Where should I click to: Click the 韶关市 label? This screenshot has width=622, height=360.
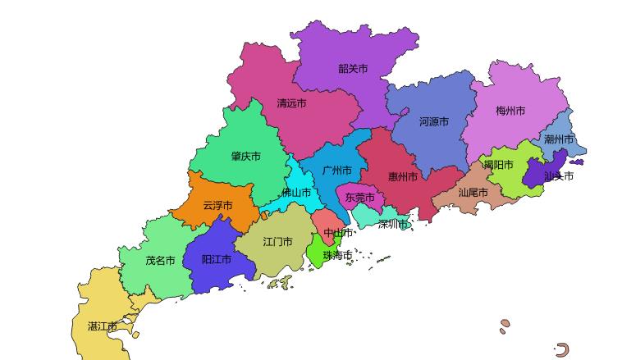click(x=353, y=69)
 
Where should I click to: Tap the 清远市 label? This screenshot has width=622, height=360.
click(x=291, y=103)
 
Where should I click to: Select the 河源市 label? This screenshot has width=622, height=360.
click(x=434, y=121)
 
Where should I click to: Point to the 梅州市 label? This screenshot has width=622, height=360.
click(x=510, y=111)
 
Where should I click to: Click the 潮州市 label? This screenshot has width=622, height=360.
click(x=559, y=139)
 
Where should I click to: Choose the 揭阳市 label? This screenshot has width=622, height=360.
click(x=498, y=165)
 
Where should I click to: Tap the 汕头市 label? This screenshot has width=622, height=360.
click(x=559, y=175)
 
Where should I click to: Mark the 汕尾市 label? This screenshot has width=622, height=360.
click(x=473, y=193)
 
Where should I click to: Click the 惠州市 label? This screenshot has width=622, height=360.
click(x=403, y=176)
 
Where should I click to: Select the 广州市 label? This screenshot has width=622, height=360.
click(x=338, y=171)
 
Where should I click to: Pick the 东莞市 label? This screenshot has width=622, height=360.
click(x=359, y=198)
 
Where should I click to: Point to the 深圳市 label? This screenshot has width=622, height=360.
click(x=393, y=224)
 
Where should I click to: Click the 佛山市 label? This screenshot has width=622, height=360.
click(x=296, y=193)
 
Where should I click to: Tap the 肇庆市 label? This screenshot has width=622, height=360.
click(x=245, y=157)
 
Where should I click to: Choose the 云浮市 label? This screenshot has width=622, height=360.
click(x=217, y=205)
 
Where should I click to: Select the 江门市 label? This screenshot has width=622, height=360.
click(x=277, y=242)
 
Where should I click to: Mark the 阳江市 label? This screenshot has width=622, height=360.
click(x=217, y=259)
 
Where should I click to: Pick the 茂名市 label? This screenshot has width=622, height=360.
click(x=160, y=261)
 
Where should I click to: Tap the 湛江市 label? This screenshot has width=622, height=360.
click(x=103, y=326)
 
